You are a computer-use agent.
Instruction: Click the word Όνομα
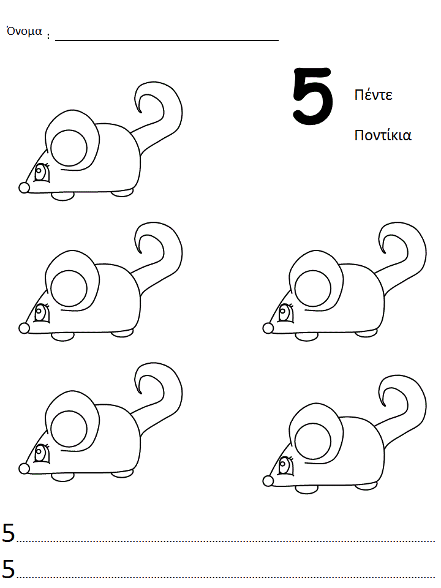[24, 31]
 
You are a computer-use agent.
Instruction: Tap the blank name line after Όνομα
[167, 40]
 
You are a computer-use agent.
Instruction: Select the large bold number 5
[313, 96]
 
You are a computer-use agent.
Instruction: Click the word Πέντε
[373, 95]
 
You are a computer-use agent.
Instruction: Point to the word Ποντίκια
[383, 135]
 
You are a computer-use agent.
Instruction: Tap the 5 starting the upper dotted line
[8, 533]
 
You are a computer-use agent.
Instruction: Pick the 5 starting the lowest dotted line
[8, 568]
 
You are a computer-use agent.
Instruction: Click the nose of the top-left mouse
[24, 188]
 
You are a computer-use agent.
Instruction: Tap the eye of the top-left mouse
[42, 173]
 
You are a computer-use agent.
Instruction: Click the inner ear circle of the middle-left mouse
[69, 288]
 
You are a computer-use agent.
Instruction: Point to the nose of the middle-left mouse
[24, 328]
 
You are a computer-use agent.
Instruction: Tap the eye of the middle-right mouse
[286, 313]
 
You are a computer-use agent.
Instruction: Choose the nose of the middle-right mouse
[268, 328]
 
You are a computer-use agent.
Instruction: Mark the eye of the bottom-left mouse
[42, 453]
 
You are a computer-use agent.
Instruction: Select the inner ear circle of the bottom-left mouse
[69, 429]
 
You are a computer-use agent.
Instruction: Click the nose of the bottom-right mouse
[268, 481]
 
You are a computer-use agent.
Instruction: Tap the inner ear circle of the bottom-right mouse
[313, 441]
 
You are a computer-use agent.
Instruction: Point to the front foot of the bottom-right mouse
[307, 489]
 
